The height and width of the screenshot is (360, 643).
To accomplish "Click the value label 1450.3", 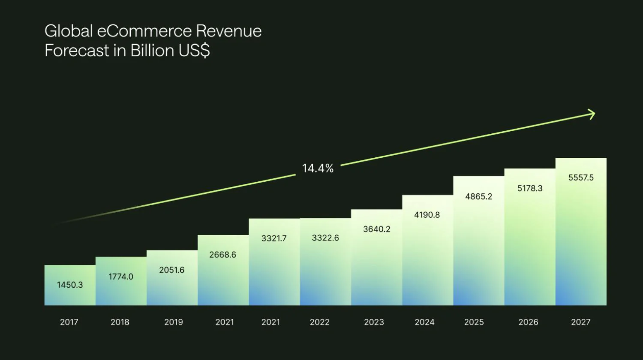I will click(x=70, y=285).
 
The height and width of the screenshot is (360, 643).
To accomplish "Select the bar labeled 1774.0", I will click(x=121, y=281).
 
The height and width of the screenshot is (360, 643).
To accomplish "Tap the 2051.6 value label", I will click(x=172, y=270).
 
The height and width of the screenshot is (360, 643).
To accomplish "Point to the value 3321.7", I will click(x=274, y=238).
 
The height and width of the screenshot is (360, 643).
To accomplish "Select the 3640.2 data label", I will click(x=377, y=229).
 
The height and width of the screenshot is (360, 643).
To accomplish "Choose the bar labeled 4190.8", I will click(x=427, y=250).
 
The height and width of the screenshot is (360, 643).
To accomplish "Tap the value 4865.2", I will click(x=478, y=196).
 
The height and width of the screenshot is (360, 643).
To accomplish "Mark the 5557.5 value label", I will click(x=581, y=178).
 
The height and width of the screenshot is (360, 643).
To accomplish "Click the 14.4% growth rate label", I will click(x=318, y=168).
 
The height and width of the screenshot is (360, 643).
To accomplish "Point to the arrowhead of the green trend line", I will click(x=592, y=115).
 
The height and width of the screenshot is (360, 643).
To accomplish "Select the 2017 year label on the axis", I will click(x=69, y=322).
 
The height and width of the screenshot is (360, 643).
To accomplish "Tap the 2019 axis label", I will click(x=174, y=322).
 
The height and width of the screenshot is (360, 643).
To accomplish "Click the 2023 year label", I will click(x=374, y=322).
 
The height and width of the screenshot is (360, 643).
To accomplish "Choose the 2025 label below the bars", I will click(x=474, y=322).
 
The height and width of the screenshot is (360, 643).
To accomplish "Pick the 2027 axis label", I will click(x=581, y=322).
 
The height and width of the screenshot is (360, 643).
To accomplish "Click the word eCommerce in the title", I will click(x=144, y=31).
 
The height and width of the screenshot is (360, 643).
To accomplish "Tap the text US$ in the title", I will click(x=194, y=51).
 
